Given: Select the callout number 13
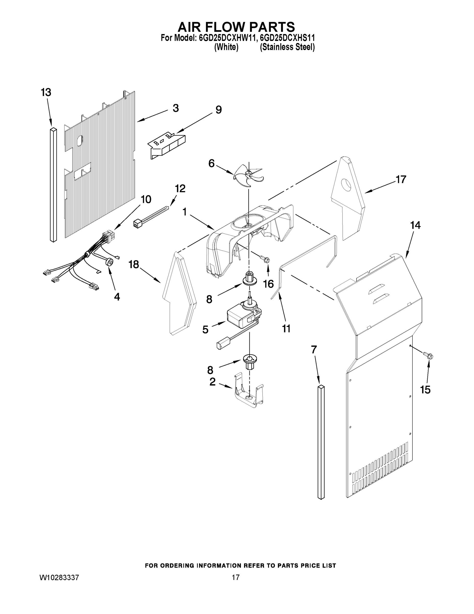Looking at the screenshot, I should click(x=46, y=92).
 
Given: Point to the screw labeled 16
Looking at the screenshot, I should click(x=265, y=259).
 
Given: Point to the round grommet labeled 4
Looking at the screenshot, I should click(x=110, y=262).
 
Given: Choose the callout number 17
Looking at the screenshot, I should click(x=401, y=179).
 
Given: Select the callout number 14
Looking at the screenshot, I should click(x=415, y=225).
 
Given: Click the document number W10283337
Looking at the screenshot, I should click(x=59, y=577).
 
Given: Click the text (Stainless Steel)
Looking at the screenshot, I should click(x=287, y=47).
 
